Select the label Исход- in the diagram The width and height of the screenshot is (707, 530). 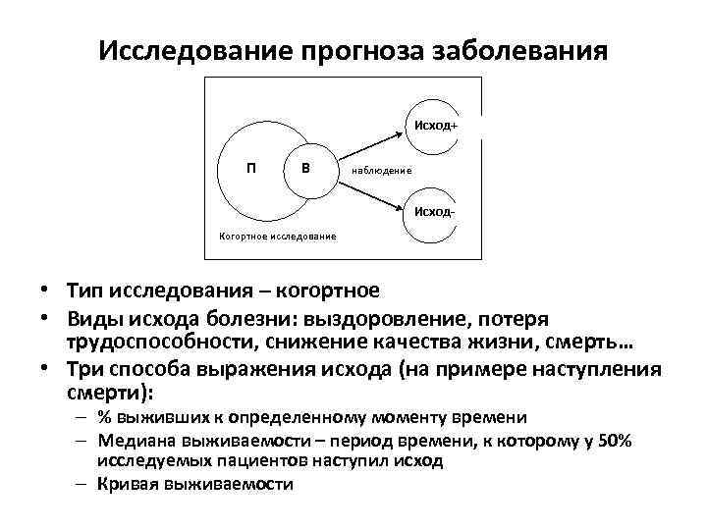(435, 212)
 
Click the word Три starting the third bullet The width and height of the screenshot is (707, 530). (85, 370)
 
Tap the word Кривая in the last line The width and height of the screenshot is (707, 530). (127, 484)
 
